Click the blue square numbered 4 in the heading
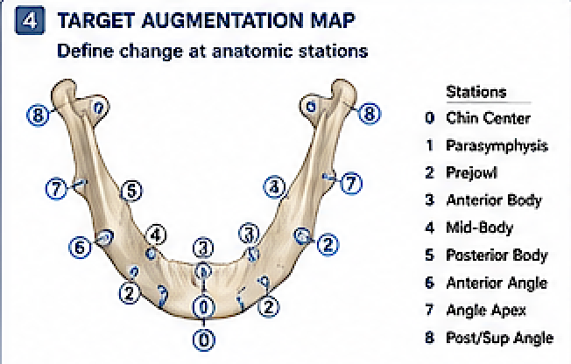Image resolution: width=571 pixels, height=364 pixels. (x=30, y=21)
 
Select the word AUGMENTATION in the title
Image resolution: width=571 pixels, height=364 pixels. (x=222, y=20)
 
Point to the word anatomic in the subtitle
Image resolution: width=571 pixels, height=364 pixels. (x=251, y=51)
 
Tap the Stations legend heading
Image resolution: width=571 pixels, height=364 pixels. (x=476, y=92)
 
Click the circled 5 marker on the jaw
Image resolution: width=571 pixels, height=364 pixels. (x=131, y=191)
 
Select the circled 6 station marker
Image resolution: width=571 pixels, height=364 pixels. (x=80, y=248)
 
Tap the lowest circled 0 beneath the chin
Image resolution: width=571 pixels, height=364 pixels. (x=204, y=340)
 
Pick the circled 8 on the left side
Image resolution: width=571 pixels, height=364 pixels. (x=38, y=115)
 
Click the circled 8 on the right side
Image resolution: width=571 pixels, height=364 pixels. (x=370, y=114)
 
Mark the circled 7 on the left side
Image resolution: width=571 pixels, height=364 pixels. (x=56, y=189)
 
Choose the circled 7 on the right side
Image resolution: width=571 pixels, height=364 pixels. (x=351, y=183)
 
